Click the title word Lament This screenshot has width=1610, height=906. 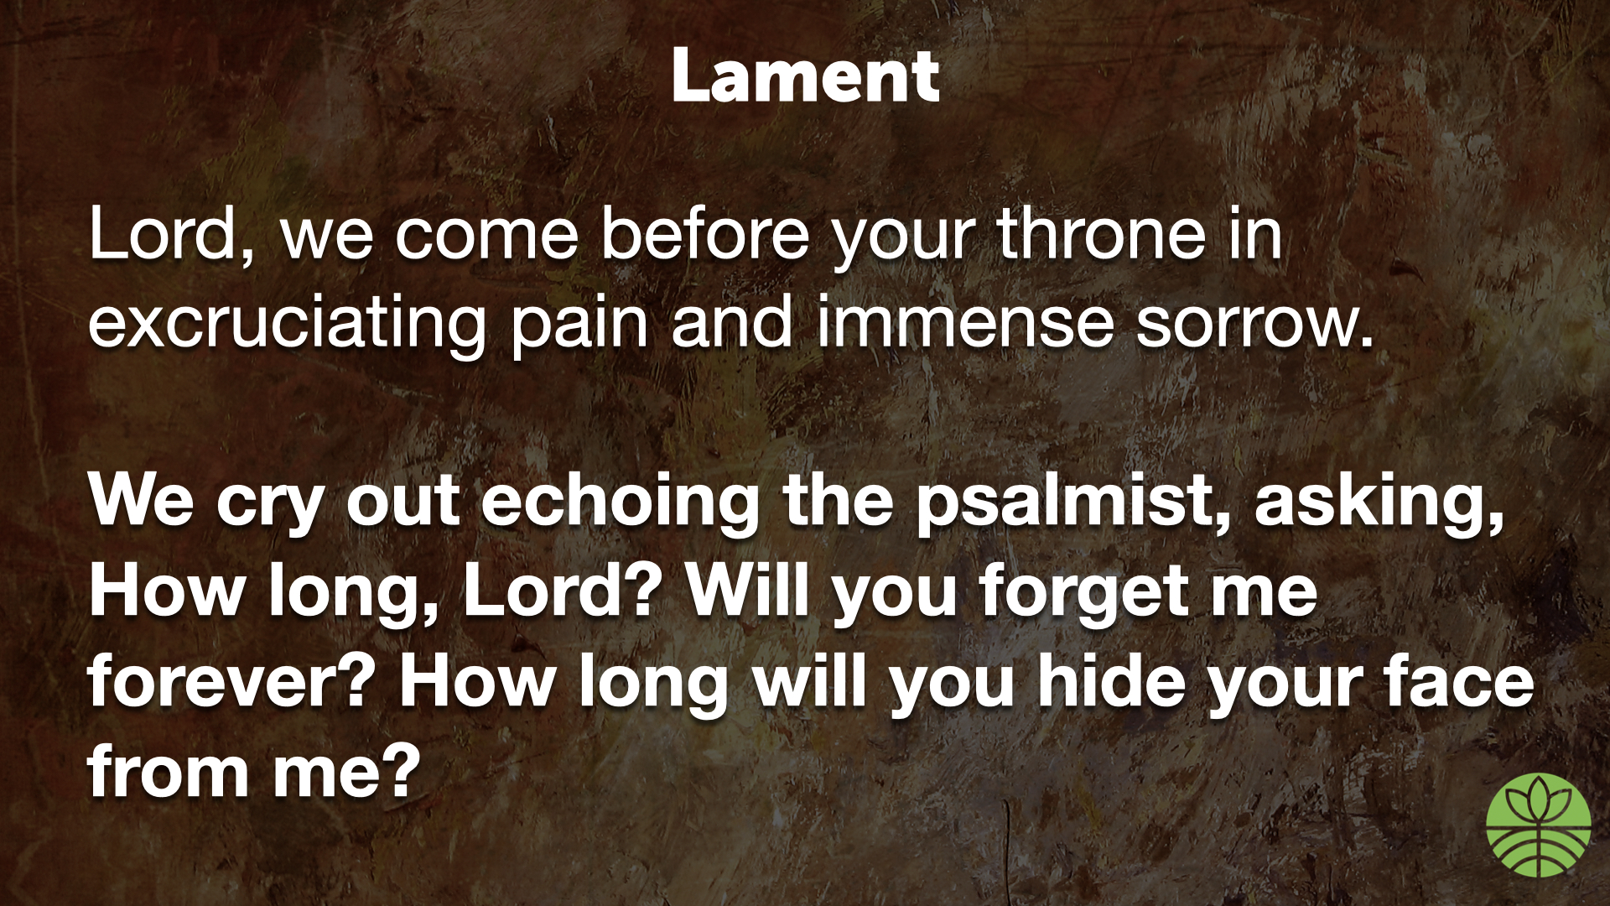(805, 75)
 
